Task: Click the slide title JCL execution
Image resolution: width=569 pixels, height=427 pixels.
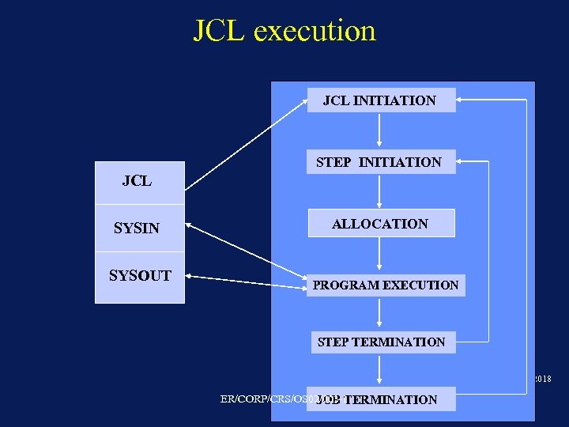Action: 284,31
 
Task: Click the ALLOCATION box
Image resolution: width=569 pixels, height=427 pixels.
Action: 381,224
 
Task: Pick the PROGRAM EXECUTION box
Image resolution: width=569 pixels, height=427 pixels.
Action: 386,285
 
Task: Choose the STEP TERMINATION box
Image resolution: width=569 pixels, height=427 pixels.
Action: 381,342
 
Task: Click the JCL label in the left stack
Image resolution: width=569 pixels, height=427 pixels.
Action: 138,181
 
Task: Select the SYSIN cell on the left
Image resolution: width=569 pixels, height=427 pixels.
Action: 138,229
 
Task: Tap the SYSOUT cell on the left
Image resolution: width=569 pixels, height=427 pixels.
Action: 140,276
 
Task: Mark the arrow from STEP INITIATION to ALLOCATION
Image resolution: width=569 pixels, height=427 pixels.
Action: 380,191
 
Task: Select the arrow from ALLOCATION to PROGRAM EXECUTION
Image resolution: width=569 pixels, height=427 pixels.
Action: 380,254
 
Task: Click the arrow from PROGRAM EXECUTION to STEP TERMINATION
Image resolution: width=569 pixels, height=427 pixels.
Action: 380,312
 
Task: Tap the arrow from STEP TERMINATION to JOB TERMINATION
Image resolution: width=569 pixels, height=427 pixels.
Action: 380,370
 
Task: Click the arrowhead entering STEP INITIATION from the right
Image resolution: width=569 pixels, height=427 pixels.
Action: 463,161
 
